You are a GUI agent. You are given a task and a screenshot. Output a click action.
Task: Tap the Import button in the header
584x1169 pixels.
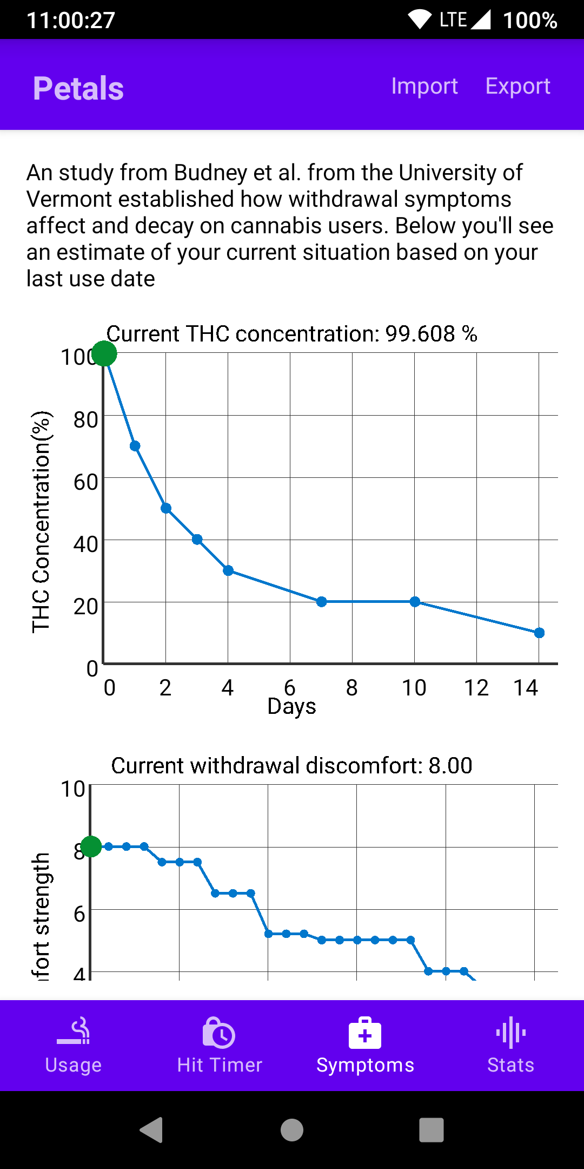[x=424, y=86]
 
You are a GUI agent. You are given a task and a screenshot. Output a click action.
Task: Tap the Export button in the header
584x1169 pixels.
[x=517, y=86]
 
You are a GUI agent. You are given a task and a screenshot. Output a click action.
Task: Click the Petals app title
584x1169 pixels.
[x=78, y=88]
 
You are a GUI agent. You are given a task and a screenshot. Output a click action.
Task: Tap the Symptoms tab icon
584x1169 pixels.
[x=365, y=1033]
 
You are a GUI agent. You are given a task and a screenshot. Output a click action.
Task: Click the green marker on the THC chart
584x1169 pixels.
[x=104, y=354]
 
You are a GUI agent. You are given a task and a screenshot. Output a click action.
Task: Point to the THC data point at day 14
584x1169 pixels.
[x=539, y=633]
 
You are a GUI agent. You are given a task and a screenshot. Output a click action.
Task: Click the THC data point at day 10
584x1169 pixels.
[x=415, y=602]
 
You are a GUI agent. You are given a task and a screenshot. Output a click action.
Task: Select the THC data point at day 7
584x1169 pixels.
[x=322, y=602]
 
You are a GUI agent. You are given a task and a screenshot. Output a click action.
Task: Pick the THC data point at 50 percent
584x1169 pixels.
[x=166, y=508]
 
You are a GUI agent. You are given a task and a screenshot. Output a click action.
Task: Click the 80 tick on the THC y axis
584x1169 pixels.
[x=85, y=420]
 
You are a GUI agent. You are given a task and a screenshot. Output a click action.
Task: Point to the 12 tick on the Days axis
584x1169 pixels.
[x=476, y=688]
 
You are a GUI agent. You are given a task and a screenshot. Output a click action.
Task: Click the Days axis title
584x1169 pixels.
[x=291, y=707]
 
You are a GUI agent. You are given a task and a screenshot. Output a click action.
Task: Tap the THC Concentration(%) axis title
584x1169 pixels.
[x=41, y=522]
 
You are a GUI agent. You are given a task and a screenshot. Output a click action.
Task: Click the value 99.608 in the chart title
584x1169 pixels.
[x=420, y=334]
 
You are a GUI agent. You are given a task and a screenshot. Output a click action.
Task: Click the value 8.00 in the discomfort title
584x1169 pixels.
[x=450, y=766]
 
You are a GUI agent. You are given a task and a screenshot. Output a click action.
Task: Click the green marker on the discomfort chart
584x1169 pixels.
[x=91, y=846]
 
